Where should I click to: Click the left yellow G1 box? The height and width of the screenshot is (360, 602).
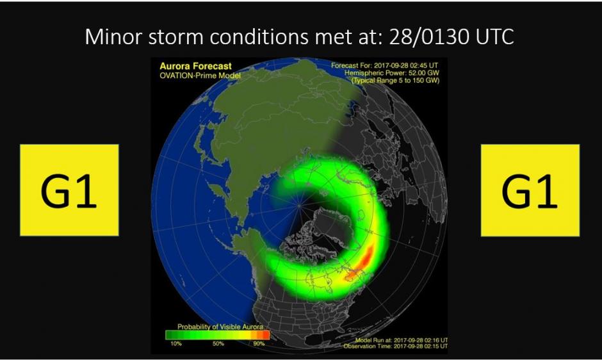(69, 190)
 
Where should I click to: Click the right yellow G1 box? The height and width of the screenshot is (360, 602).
(530, 190)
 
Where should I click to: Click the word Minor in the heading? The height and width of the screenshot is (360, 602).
(113, 37)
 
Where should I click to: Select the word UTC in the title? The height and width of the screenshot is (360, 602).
(494, 37)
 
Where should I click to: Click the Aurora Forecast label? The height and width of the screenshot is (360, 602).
(196, 66)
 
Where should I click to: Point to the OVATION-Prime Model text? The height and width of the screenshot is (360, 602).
(200, 76)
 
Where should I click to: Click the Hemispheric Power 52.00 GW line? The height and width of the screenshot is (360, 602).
(391, 73)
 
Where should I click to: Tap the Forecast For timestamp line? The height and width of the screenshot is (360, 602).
(384, 65)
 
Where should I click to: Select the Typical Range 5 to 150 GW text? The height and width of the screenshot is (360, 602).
(395, 80)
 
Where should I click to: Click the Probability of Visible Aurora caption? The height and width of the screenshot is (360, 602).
(220, 327)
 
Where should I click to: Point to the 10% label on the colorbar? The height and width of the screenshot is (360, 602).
(176, 343)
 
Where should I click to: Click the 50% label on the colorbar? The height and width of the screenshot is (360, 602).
(218, 343)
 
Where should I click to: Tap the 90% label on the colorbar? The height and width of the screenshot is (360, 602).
(259, 343)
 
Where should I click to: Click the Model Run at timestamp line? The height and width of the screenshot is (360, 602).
(401, 340)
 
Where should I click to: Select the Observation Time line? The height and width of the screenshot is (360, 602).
(395, 346)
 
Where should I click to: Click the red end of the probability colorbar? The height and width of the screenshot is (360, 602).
(265, 335)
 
